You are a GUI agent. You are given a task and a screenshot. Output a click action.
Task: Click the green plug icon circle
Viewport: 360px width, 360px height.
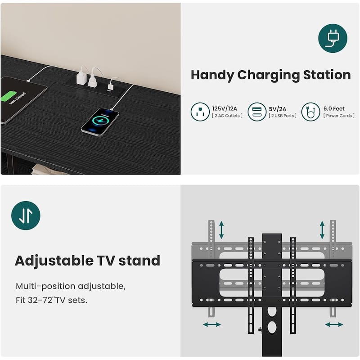(333, 38)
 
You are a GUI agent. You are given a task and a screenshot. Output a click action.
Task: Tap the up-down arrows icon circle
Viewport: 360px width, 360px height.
(26, 216)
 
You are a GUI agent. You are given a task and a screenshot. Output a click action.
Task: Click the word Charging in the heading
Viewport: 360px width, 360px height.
(268, 76)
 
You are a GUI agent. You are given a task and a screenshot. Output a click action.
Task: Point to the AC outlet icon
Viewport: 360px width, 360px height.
(200, 112)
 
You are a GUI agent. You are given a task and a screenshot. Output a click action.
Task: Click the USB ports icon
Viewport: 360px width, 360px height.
(257, 112)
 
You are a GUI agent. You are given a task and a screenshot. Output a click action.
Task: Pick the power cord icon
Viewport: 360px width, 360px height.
(310, 112)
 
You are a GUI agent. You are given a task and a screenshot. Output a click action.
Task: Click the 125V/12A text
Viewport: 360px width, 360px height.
(224, 108)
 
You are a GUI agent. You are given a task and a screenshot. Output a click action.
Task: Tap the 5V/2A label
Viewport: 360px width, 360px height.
(277, 109)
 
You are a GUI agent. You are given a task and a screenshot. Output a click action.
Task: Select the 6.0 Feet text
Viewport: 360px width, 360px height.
(334, 108)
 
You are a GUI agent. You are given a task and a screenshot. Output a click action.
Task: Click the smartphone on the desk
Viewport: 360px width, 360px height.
(100, 122)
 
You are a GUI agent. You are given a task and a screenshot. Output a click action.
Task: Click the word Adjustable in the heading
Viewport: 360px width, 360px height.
(54, 261)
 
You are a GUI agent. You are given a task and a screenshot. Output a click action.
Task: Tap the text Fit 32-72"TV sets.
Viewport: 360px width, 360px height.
(51, 300)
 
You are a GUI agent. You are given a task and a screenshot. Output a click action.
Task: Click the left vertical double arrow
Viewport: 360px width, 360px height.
(221, 230)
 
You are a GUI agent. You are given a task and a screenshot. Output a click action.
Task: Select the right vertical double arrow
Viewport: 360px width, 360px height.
(322, 230)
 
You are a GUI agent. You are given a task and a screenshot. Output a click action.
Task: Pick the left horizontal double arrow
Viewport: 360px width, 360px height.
(211, 324)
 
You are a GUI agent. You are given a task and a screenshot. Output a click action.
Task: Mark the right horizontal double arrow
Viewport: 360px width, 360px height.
(334, 324)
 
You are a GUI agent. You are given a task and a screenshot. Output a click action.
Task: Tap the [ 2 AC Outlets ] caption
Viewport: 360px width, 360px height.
(227, 116)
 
